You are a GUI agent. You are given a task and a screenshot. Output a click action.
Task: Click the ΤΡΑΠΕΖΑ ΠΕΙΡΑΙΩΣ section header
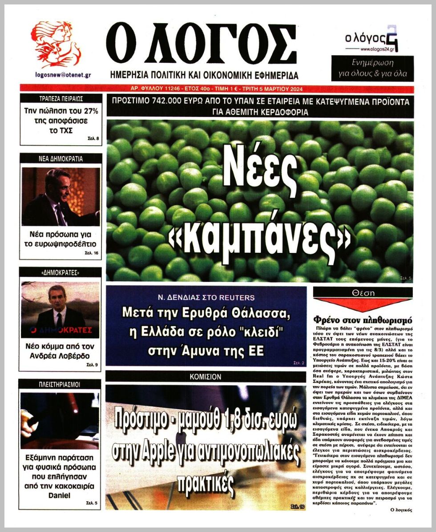click(x=61, y=99)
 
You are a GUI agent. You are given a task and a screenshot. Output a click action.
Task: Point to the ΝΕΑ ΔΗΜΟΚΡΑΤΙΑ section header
click(x=61, y=158)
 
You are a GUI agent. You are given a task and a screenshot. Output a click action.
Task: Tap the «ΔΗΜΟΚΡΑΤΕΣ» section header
click(x=61, y=272)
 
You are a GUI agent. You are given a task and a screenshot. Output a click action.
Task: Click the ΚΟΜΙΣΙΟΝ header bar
click(x=206, y=377)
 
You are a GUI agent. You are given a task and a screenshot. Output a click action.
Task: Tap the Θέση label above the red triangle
click(x=363, y=293)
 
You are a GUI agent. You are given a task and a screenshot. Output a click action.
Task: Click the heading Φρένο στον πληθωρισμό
click(x=363, y=320)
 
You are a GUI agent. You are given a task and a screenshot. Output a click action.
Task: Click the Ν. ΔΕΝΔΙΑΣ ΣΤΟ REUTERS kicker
click(x=206, y=297)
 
